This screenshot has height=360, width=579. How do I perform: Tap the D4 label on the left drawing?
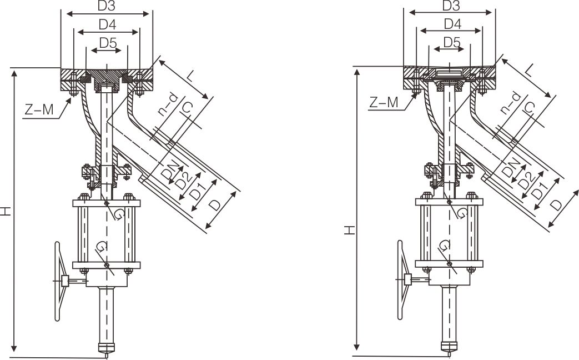click(107, 25)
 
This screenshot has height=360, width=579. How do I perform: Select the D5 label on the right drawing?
click(452, 42)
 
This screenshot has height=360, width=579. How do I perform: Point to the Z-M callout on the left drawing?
click(39, 109)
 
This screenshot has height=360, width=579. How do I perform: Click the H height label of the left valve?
click(6, 211)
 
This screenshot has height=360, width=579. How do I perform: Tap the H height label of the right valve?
click(349, 231)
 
